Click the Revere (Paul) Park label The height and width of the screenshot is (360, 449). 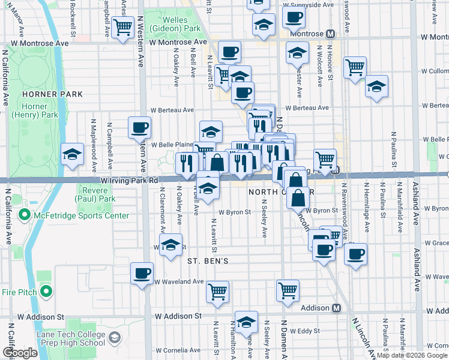[95, 194]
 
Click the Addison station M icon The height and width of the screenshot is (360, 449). [337, 308]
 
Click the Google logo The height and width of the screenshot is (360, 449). [20, 353]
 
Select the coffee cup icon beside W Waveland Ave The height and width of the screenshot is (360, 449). [142, 274]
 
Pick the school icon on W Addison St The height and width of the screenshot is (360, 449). [246, 323]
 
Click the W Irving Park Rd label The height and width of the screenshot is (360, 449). [129, 180]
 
